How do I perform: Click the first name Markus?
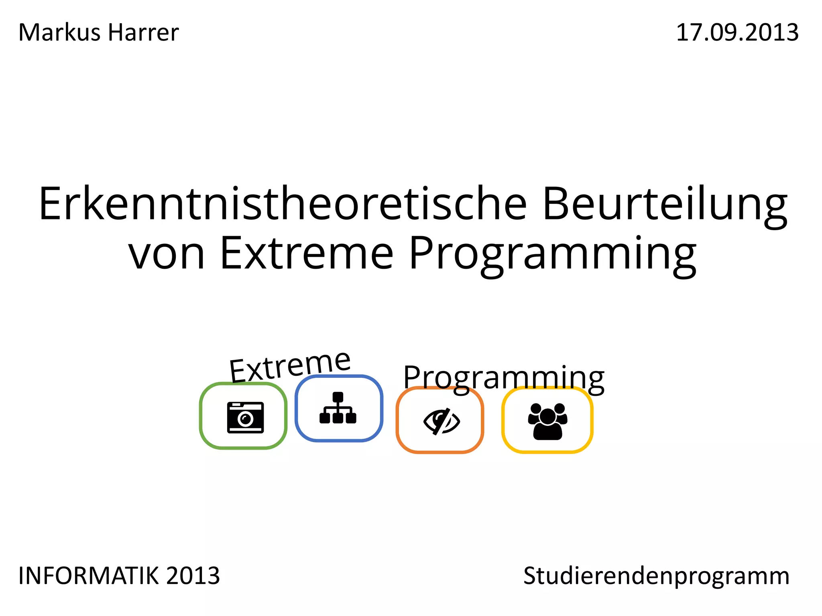[x=59, y=32]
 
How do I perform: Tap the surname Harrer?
[x=143, y=32]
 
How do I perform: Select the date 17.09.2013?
[x=737, y=32]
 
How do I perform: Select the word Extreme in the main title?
[x=307, y=253]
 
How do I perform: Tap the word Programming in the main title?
[x=553, y=254]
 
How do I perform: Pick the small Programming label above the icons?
[x=504, y=378]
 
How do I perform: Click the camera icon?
[x=245, y=417]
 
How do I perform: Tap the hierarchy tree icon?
[x=338, y=408]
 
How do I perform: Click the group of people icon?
[x=547, y=421]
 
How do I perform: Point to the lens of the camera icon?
[x=245, y=419]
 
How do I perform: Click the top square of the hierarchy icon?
[x=338, y=397]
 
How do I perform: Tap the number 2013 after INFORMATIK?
[x=193, y=576]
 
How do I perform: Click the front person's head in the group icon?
[x=547, y=415]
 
